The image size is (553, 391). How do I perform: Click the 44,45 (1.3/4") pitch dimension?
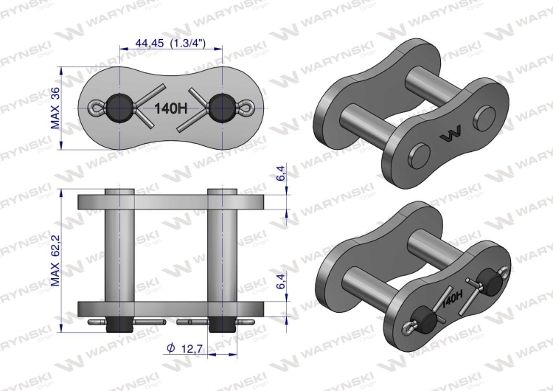(170, 43)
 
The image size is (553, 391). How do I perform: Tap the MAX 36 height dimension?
(56, 108)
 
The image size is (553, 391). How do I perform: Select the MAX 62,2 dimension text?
(56, 260)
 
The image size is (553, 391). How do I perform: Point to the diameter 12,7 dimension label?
(184, 349)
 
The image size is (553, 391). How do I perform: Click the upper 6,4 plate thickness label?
(281, 173)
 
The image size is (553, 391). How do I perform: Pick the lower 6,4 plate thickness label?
(281, 280)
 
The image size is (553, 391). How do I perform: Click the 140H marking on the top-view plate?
(171, 108)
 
